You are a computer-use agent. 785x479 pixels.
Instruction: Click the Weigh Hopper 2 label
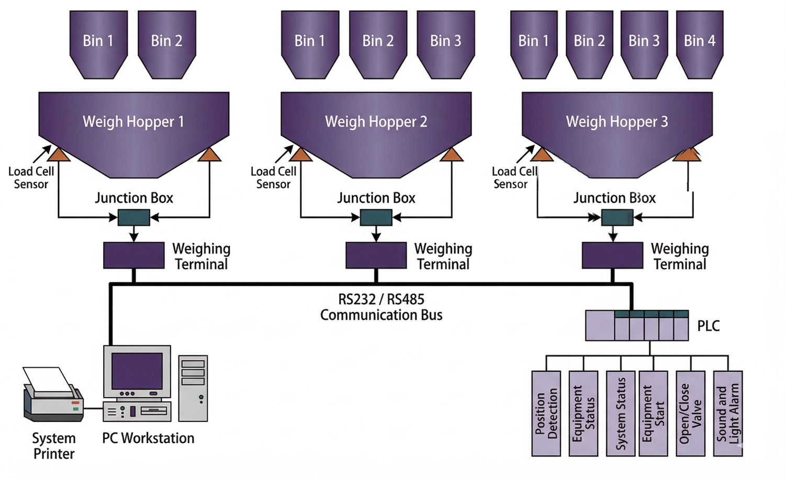pyautogui.click(x=376, y=122)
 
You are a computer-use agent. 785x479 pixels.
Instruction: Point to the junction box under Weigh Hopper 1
pyautogui.click(x=134, y=217)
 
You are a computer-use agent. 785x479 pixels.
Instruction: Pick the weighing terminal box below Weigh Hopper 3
pyautogui.click(x=612, y=255)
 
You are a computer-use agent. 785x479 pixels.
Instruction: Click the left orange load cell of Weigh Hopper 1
pyautogui.click(x=59, y=154)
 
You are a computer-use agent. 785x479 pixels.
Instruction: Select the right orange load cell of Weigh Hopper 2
pyautogui.click(x=452, y=154)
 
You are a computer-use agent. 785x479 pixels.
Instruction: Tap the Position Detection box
pyautogui.click(x=546, y=413)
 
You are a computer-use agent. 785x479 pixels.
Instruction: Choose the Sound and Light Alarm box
pyautogui.click(x=728, y=413)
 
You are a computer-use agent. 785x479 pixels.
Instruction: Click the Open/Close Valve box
pyautogui.click(x=691, y=413)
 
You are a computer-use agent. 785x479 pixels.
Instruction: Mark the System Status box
pyautogui.click(x=621, y=413)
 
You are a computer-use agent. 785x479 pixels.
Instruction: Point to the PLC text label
pyautogui.click(x=709, y=326)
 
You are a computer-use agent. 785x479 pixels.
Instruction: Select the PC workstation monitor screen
pyautogui.click(x=137, y=371)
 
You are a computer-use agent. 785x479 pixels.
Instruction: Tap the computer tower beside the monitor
pyautogui.click(x=193, y=388)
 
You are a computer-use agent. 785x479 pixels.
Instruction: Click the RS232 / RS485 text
pyautogui.click(x=381, y=299)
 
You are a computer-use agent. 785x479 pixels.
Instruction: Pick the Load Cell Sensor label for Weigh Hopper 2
pyautogui.click(x=273, y=178)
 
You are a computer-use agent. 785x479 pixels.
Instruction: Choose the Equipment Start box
pyautogui.click(x=653, y=413)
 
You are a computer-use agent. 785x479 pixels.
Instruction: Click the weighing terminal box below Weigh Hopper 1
pyautogui.click(x=134, y=255)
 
